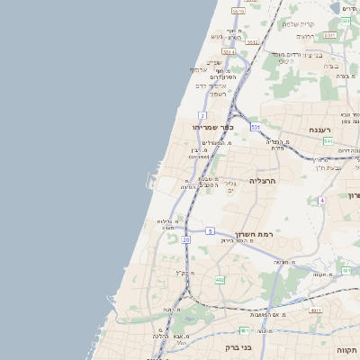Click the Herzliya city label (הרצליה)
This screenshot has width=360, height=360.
pyautogui.click(x=267, y=180)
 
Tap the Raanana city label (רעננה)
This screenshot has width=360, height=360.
pyautogui.click(x=321, y=130)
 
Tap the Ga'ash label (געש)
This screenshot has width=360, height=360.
pyautogui.click(x=217, y=36)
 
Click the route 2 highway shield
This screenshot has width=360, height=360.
pyautogui.click(x=202, y=115)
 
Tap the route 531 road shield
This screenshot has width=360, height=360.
pyautogui.click(x=255, y=127)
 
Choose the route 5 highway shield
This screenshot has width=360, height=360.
pyautogui.click(x=209, y=231)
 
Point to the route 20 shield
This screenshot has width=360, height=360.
pyautogui.click(x=186, y=240)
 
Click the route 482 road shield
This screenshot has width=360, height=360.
pyautogui.click(x=220, y=279)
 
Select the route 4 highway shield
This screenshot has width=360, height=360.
pyautogui.click(x=321, y=200)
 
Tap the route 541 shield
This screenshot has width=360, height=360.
pyautogui.click(x=328, y=141)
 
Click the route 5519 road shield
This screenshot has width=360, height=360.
pyautogui.click(x=238, y=11)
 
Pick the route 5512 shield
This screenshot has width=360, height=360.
pyautogui.click(x=252, y=42)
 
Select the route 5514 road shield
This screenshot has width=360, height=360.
pyautogui.click(x=229, y=52)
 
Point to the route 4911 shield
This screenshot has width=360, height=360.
pyautogui.click(x=315, y=310)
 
